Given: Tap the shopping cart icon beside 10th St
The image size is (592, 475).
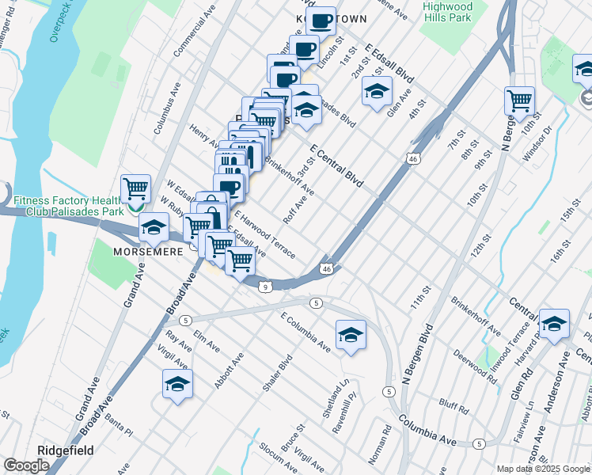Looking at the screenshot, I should tap(519, 100).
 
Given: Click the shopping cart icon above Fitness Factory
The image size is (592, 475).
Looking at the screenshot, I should tap(135, 188).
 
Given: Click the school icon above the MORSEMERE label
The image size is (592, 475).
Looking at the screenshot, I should tap(153, 227).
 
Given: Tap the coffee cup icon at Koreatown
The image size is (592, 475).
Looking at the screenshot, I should tap(321, 21).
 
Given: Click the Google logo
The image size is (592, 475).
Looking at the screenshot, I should tap(27, 466).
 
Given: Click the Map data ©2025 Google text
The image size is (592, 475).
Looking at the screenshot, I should tap(544, 469).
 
